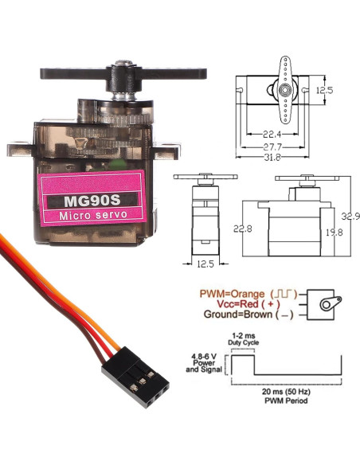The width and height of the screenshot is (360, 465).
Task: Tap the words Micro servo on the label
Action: point(89,217)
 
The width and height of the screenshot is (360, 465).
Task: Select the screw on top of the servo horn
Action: point(124,64)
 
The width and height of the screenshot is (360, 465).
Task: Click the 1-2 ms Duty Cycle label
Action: point(239,338)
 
